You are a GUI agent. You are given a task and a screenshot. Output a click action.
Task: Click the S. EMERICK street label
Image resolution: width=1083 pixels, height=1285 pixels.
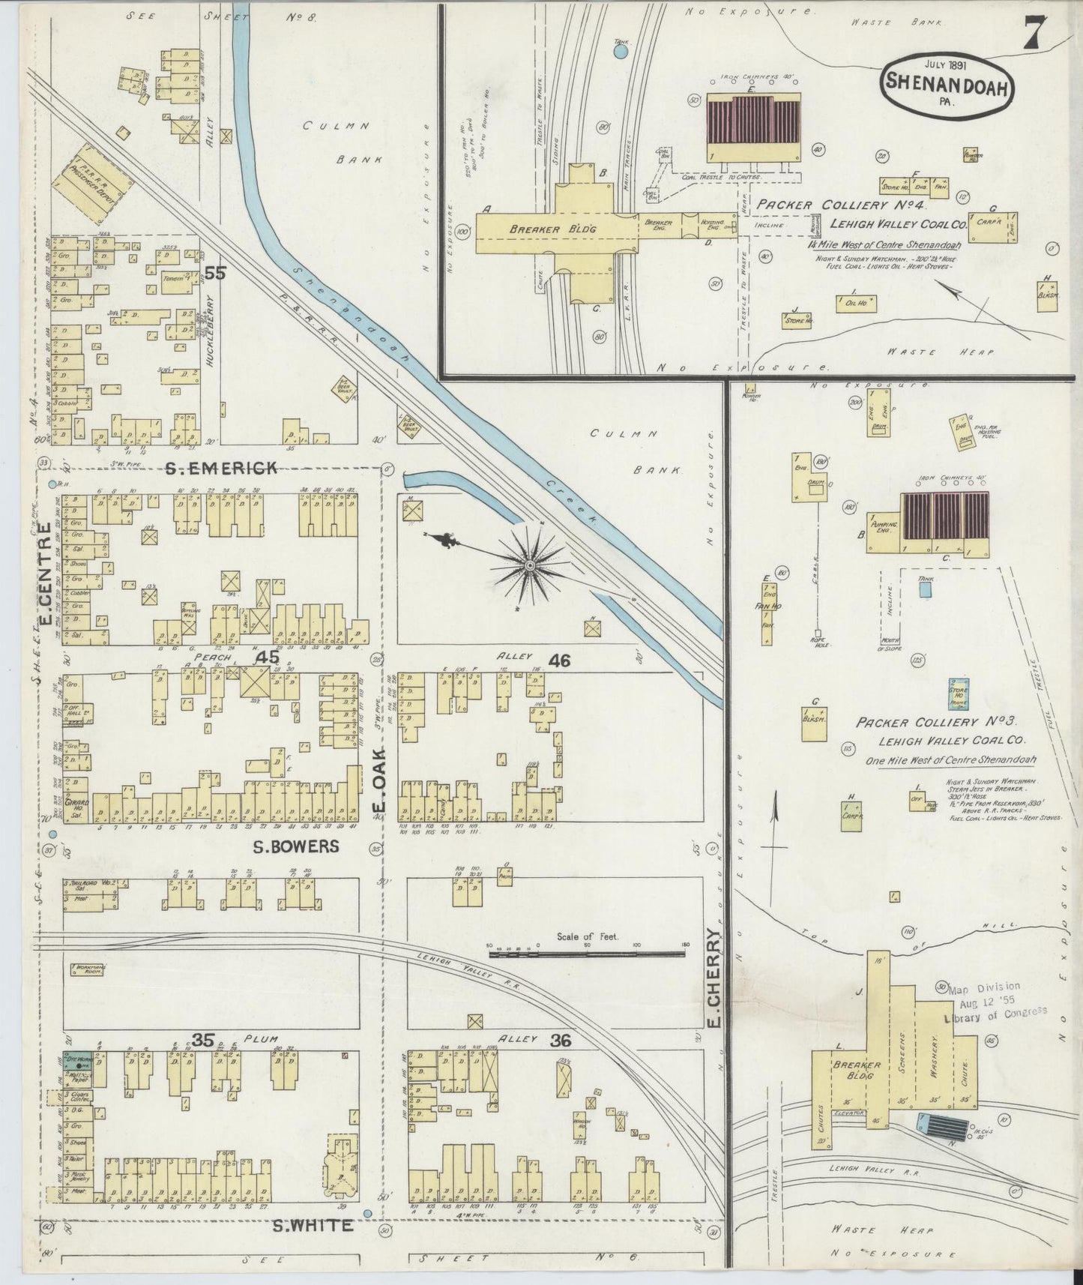coord(221,468)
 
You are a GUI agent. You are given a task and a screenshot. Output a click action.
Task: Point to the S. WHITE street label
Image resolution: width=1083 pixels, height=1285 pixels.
coord(312,1225)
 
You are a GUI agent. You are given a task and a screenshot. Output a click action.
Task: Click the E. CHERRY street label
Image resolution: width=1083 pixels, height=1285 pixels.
coord(714,978)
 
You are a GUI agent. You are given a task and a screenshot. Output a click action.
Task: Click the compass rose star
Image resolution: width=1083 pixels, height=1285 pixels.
coord(529,564)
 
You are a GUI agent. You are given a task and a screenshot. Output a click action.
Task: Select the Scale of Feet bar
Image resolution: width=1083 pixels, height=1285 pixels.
coord(587,954)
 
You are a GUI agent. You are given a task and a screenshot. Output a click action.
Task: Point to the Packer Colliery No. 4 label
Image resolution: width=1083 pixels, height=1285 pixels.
coord(842,204)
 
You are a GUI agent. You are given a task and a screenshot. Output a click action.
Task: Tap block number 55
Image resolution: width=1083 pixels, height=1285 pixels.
coord(215,274)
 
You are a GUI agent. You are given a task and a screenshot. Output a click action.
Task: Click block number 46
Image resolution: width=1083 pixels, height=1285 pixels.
coord(559,660)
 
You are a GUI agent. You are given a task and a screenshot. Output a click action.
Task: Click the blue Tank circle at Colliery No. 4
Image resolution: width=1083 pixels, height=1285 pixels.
coord(620,52)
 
